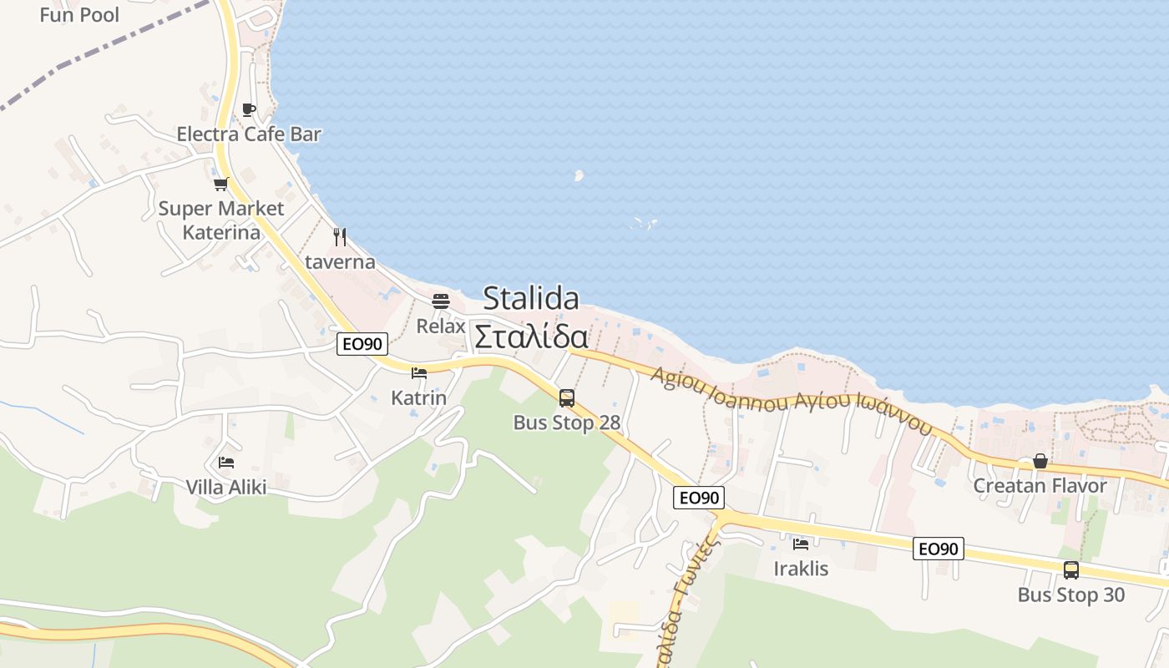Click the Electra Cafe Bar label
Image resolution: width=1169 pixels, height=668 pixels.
(x=249, y=134)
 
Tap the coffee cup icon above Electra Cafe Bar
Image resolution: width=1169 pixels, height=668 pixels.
(x=248, y=109)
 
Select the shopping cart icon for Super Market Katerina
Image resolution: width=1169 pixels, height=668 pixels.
(x=220, y=184)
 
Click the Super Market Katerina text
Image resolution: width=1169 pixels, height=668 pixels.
(x=221, y=220)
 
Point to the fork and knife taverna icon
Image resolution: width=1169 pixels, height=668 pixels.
(x=340, y=237)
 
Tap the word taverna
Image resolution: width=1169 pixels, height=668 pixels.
(x=340, y=261)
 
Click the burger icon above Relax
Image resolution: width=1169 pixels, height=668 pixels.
(x=441, y=301)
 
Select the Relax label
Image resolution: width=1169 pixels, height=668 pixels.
(x=441, y=326)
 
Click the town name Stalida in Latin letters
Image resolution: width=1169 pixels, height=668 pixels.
(x=531, y=298)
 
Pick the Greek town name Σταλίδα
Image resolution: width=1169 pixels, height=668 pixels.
(x=531, y=337)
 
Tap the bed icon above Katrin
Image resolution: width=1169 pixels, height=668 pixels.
(x=419, y=373)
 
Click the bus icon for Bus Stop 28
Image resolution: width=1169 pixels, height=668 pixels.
(x=567, y=398)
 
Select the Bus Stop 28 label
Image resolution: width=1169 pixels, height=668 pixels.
(x=567, y=423)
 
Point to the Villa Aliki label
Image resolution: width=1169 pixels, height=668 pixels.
(x=226, y=487)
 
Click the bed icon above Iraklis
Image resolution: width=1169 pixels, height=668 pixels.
(x=801, y=544)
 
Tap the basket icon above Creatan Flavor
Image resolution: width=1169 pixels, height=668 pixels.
(x=1040, y=461)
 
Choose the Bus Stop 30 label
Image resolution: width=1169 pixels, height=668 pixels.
(x=1071, y=595)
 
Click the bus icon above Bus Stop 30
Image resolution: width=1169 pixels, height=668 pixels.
(x=1071, y=570)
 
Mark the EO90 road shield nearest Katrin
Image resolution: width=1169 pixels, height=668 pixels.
(x=362, y=344)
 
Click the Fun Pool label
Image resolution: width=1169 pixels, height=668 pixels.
(x=79, y=14)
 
